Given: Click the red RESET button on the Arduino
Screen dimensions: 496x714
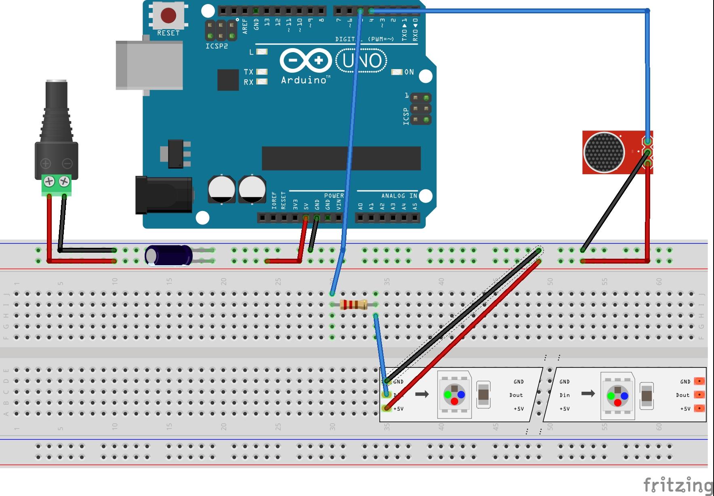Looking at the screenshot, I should (168, 16).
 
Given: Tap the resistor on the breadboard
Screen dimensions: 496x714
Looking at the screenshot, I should (354, 304).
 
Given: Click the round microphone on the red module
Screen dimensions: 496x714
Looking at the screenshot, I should (604, 152).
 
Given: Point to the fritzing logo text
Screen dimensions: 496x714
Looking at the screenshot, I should (677, 484).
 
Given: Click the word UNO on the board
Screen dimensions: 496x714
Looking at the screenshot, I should (362, 61).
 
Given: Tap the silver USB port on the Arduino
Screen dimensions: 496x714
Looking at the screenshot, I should (149, 65).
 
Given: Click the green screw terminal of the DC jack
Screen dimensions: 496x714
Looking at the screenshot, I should (56, 185).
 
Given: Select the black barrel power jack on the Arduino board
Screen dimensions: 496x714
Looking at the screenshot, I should (163, 195).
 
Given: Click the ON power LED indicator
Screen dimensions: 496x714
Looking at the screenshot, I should (397, 72).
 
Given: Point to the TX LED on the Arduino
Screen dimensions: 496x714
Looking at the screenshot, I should (262, 72).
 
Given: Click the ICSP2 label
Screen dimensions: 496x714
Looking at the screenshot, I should (217, 46).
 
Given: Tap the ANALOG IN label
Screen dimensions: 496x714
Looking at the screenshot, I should (399, 196).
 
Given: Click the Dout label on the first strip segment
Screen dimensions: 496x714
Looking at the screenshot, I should (516, 395).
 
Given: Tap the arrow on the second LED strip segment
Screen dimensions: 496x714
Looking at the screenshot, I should (588, 393).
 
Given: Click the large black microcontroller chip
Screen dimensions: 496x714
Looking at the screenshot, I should (341, 158).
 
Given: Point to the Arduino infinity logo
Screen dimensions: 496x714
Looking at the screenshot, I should (305, 61).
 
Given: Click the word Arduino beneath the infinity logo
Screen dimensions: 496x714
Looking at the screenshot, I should (304, 80).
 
